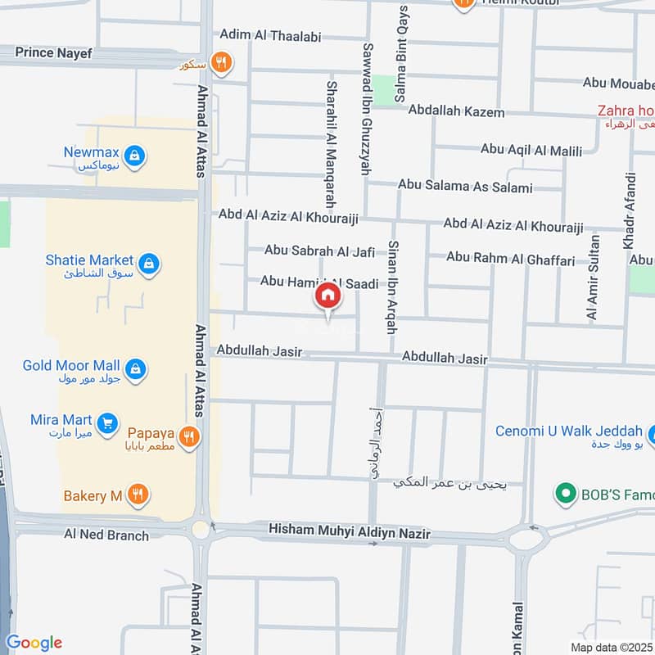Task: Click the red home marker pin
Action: (x=327, y=296)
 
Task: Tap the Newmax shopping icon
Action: (x=137, y=154)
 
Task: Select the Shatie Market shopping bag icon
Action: (x=149, y=264)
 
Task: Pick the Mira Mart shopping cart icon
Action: (x=106, y=423)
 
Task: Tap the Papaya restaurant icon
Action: (x=190, y=436)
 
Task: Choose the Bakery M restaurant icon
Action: (x=138, y=495)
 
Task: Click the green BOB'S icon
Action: (x=563, y=494)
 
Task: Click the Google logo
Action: (x=34, y=643)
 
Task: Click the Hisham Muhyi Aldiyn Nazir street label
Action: (x=350, y=534)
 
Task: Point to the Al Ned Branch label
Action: (x=106, y=535)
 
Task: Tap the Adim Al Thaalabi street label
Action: (x=270, y=36)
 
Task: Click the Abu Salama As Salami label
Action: (x=465, y=186)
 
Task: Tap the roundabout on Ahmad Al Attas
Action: (x=201, y=529)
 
